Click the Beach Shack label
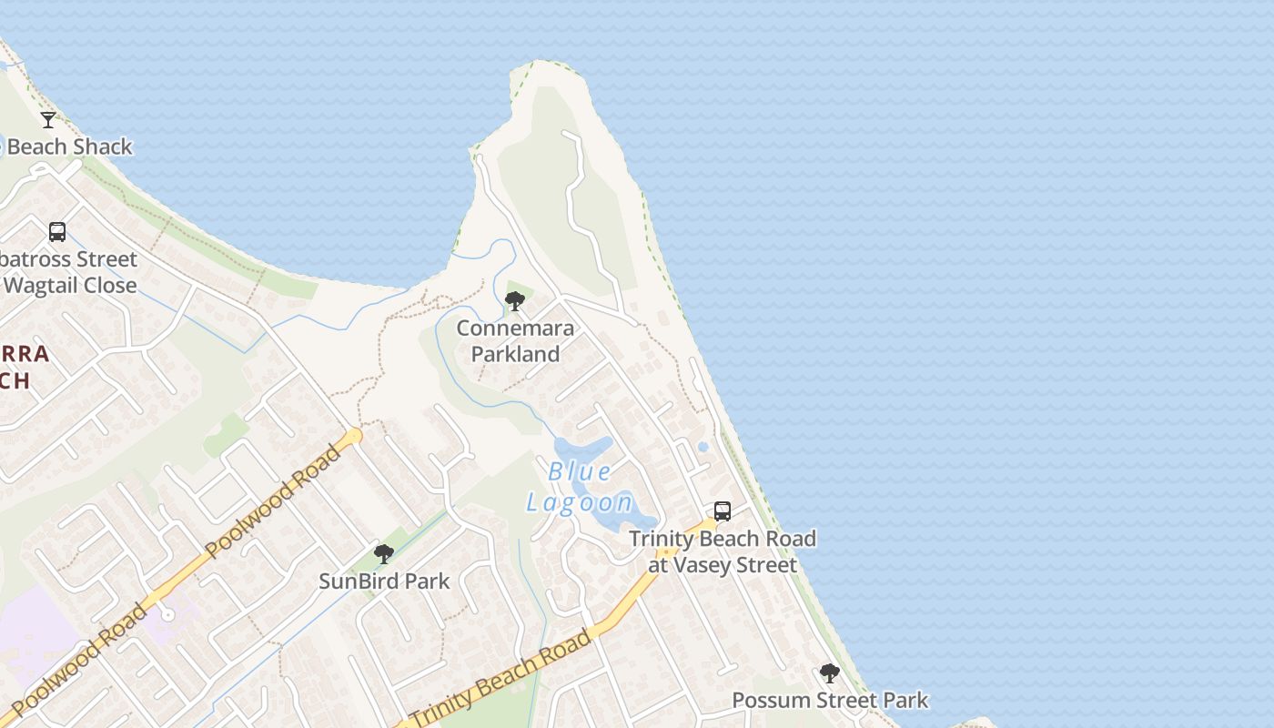(69, 147)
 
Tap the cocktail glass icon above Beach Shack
(48, 119)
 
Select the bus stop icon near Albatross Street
(57, 232)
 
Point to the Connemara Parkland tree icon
(515, 301)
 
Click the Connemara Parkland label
(515, 341)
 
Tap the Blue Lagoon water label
(580, 487)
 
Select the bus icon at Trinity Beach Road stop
(723, 511)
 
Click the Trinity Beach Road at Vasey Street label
(723, 551)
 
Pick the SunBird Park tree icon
(384, 553)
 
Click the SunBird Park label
(384, 581)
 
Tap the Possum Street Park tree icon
(830, 673)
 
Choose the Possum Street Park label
(830, 700)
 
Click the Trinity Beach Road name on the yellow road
(500, 678)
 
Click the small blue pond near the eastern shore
(703, 447)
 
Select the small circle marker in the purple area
(167, 615)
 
